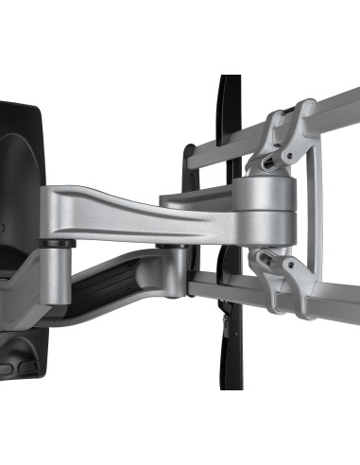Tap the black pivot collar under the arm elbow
[x=172, y=249]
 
